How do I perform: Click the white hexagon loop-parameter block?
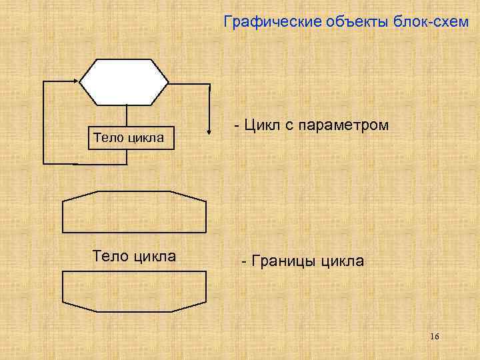point(124,82)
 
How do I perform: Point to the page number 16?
point(434,336)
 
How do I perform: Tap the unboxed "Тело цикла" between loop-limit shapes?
point(133,256)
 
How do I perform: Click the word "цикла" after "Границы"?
point(342,261)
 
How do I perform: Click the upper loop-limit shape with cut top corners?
point(134,212)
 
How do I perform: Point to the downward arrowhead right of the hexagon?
point(210,117)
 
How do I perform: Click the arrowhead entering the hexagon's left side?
point(75,82)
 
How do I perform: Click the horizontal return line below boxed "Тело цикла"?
point(85,163)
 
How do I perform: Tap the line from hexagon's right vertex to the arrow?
point(190,82)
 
